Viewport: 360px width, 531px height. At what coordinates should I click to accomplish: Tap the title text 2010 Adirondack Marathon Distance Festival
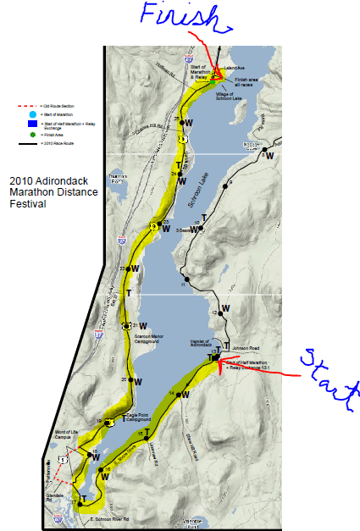point(53,191)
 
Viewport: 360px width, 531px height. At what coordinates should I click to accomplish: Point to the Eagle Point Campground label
point(131,418)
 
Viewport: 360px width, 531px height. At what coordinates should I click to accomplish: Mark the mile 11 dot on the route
point(186,279)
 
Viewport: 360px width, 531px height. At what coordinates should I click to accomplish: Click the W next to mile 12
point(224,308)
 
